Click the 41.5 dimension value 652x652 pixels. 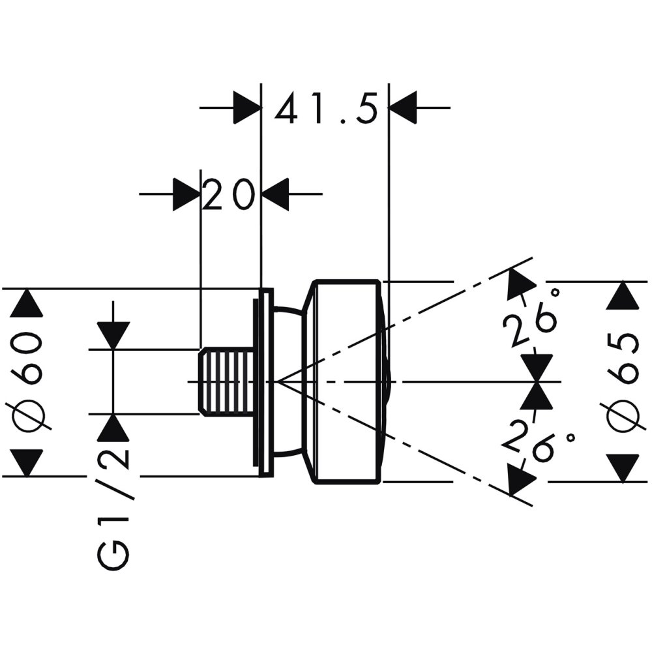326,109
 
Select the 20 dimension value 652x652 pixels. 228,194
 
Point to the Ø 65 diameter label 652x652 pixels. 622,382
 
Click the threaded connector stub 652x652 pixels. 226,381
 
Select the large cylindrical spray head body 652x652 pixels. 346,381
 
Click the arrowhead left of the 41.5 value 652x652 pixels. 247,108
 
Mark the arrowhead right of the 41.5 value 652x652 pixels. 402,108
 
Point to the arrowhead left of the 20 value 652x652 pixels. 186,194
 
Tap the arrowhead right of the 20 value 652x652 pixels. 275,194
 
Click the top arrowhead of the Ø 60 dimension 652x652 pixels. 26,303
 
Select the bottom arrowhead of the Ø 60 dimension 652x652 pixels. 26,462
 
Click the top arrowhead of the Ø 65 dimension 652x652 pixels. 622,296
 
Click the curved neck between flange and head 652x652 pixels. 291,381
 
